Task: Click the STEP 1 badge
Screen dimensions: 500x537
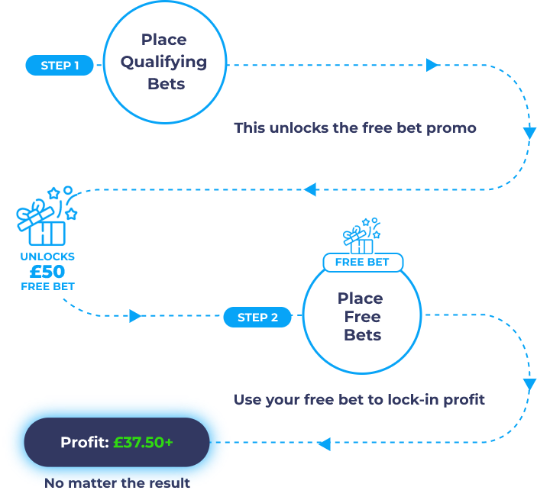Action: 60,66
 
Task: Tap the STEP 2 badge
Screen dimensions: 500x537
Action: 257,318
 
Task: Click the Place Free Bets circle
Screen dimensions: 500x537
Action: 361,317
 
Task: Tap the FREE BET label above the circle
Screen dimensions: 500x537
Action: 362,263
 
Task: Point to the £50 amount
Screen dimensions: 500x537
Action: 47,272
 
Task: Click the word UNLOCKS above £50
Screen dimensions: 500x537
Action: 47,256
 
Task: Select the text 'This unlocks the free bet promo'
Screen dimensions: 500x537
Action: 355,128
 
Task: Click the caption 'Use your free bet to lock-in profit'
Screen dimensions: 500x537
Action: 359,400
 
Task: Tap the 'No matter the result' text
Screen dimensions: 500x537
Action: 117,483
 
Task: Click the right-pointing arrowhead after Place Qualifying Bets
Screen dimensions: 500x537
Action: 432,66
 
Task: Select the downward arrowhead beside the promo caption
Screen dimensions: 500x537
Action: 529,133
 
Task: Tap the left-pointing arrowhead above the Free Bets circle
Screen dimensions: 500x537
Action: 310,189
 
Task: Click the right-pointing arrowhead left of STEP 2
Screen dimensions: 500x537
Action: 135,316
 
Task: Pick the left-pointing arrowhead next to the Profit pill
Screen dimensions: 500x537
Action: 324,444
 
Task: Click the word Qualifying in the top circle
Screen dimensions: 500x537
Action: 163,63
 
